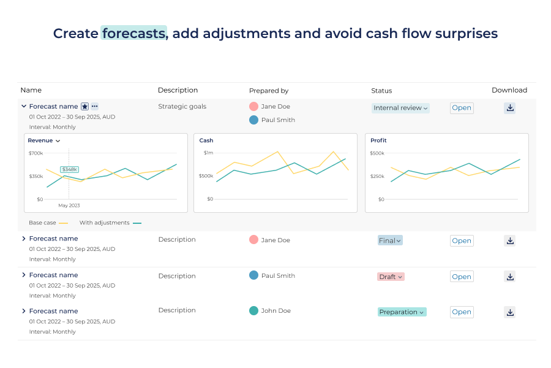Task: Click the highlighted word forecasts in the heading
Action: tap(133, 33)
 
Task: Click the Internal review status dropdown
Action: tap(400, 108)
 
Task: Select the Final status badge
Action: tap(389, 240)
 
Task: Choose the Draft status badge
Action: tap(391, 277)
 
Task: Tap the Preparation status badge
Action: tap(402, 312)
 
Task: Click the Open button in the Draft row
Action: tap(462, 277)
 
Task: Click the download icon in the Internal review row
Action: tap(510, 108)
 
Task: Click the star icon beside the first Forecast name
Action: tap(85, 107)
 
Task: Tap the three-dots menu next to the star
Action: tap(94, 107)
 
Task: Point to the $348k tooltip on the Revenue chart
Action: tap(69, 169)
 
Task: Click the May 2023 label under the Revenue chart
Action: tap(69, 205)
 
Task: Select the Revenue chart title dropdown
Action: tap(44, 140)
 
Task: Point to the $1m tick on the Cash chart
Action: tap(208, 153)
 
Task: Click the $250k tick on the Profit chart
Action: tap(377, 176)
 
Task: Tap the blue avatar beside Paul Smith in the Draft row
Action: tap(253, 275)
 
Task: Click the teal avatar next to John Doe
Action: tap(253, 311)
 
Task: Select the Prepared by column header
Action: tap(269, 91)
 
